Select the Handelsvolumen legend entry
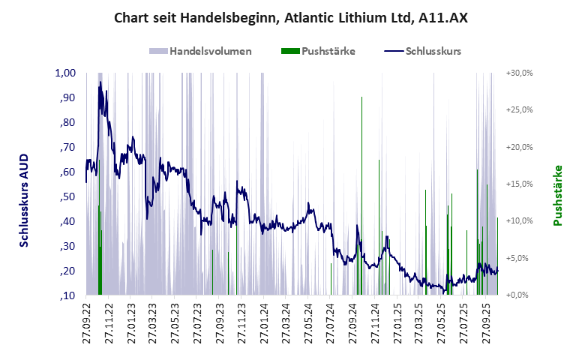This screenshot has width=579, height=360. (x=210, y=52)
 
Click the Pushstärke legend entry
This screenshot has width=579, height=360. (x=328, y=52)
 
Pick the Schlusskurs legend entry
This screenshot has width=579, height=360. (x=432, y=52)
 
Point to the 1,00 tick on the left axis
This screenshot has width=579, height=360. (x=66, y=73)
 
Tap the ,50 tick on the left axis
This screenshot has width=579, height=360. (x=67, y=196)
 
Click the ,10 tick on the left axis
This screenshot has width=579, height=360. (x=67, y=295)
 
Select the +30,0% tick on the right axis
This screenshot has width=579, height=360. (x=519, y=73)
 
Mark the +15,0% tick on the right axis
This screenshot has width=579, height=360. (x=519, y=184)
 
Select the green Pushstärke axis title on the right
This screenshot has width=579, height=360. (x=558, y=195)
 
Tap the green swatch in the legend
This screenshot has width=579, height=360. (x=289, y=52)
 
